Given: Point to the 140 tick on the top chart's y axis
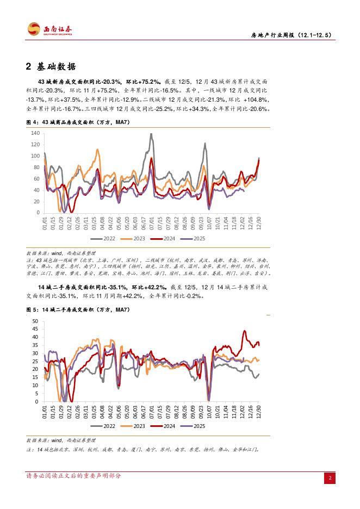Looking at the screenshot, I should tap(35, 133).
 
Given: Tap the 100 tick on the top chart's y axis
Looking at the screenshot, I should tap(35, 156).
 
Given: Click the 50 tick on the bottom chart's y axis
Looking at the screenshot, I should tap(35, 321).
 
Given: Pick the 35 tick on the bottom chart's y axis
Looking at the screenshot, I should tap(35, 345).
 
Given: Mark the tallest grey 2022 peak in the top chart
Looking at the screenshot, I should tap(150, 134).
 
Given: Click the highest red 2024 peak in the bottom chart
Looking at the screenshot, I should tap(245, 331).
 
